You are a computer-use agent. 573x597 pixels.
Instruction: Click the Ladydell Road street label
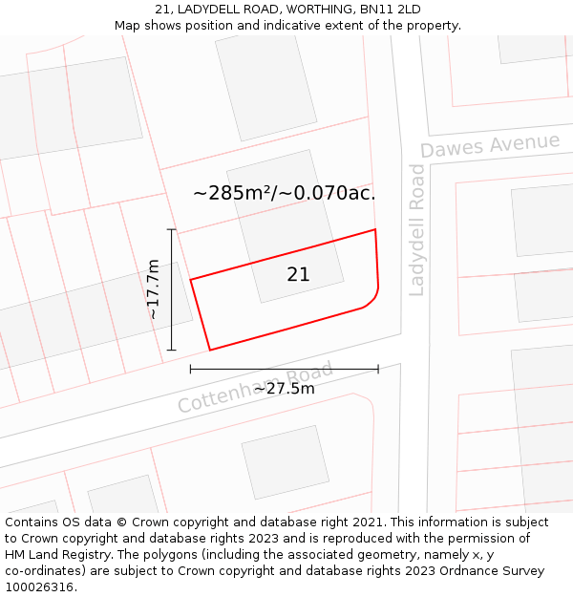click(416, 229)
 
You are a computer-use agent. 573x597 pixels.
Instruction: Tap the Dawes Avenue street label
click(489, 146)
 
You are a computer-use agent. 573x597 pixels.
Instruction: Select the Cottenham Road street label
click(255, 387)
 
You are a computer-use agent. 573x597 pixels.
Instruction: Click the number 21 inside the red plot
click(298, 275)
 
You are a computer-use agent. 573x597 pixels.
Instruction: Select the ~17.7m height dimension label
click(154, 289)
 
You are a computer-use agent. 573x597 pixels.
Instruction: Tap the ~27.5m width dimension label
click(284, 388)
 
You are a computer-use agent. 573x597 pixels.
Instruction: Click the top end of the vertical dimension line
click(172, 229)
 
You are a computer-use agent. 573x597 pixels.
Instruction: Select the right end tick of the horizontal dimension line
click(378, 368)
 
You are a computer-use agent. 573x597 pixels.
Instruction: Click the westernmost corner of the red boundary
click(191, 280)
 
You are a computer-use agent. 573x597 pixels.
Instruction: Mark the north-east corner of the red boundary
click(374, 230)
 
